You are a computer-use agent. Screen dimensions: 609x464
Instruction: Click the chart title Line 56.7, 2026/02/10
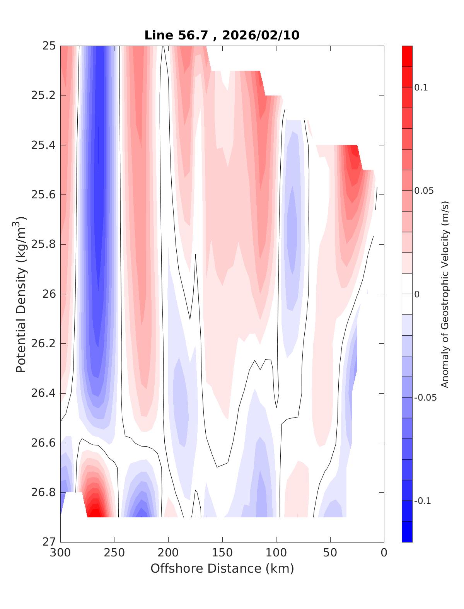tap(222, 35)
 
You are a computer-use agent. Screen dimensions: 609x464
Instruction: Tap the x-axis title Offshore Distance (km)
tap(222, 568)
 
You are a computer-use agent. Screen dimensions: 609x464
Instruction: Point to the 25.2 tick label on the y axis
tap(43, 96)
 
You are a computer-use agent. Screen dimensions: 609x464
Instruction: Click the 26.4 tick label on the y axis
tap(43, 393)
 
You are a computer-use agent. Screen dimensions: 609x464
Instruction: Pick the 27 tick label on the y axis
tap(48, 542)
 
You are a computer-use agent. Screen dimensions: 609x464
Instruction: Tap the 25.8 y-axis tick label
tap(43, 244)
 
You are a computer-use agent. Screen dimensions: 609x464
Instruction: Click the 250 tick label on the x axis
tap(114, 553)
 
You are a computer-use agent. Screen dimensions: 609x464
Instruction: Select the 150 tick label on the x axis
tap(222, 553)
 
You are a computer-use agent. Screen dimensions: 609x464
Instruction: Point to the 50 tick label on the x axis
tap(330, 553)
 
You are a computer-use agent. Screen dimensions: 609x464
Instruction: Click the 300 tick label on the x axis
tap(61, 553)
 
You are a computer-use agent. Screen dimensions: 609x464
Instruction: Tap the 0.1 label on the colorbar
tap(421, 87)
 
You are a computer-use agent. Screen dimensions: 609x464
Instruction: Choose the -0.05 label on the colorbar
tap(425, 398)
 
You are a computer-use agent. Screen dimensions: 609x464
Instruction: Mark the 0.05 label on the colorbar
tap(423, 191)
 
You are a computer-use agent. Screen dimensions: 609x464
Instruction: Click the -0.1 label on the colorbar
tap(423, 501)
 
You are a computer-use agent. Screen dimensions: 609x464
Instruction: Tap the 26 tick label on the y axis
tap(48, 294)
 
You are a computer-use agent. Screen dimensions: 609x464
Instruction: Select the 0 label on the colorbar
tap(417, 295)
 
